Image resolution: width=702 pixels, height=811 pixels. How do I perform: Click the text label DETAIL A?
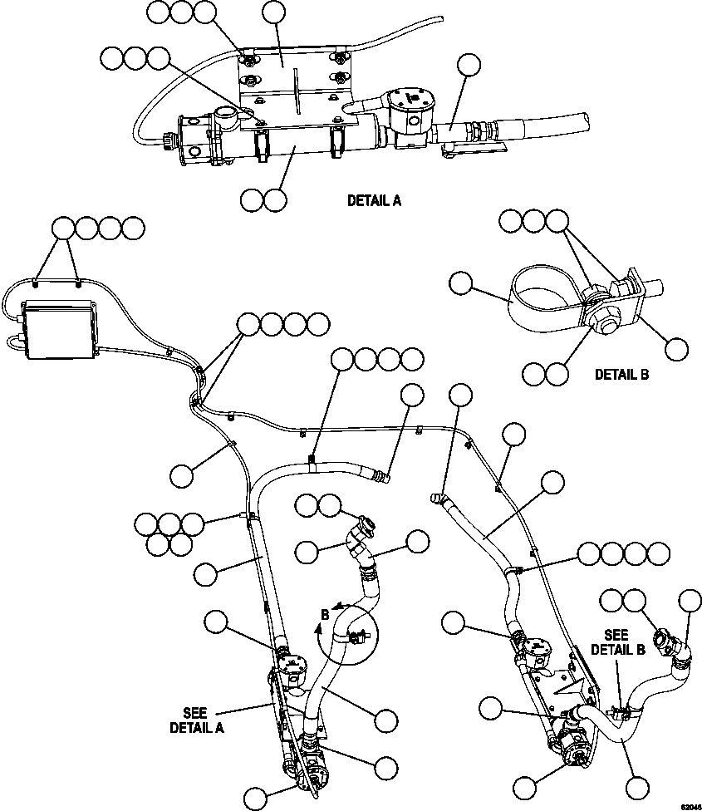click(374, 200)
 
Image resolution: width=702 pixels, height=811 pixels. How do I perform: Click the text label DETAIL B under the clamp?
click(621, 374)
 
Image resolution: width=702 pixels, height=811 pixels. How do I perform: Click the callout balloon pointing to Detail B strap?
click(459, 283)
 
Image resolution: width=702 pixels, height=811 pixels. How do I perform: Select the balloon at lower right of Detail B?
click(678, 347)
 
